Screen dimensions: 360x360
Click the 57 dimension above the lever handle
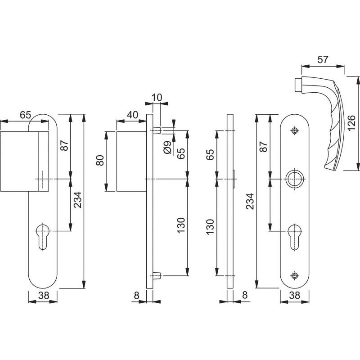323,60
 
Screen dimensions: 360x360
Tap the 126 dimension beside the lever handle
351,123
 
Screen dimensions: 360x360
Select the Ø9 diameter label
167,148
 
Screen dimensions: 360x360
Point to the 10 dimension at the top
157,97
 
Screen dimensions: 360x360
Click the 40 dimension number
132,115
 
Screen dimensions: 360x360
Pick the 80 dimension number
100,161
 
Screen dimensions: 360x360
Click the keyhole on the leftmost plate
43,236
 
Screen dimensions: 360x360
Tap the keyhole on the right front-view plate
295,237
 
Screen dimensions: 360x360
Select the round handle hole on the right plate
295,179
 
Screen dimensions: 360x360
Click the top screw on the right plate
295,130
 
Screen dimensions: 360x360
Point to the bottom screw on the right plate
295,275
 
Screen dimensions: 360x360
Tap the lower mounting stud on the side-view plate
157,275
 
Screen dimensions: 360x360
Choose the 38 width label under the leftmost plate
44,296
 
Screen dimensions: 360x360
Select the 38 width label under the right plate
295,296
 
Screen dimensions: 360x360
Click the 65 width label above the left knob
25,115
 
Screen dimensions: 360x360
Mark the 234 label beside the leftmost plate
78,200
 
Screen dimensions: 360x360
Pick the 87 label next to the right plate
264,147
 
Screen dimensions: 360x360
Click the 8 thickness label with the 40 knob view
136,296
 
